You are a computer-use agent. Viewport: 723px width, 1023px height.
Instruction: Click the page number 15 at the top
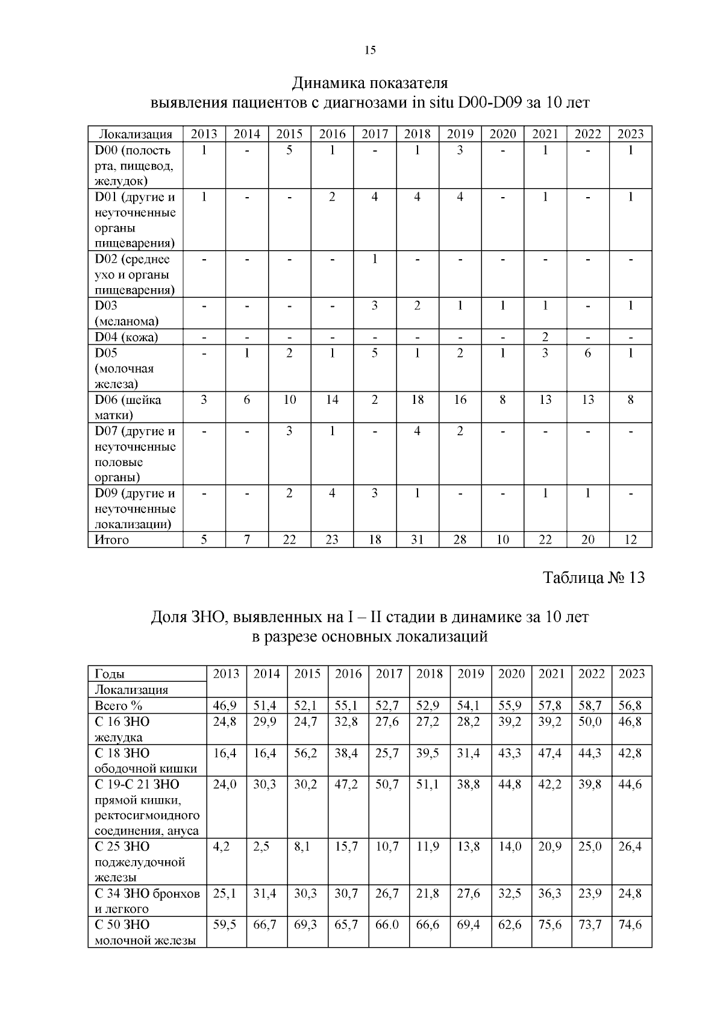pos(370,51)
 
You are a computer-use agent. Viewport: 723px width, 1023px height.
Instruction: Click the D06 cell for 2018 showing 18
pos(417,400)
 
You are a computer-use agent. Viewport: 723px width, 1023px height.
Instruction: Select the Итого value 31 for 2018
pos(417,540)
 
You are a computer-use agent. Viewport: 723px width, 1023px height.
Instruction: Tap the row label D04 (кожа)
pos(127,337)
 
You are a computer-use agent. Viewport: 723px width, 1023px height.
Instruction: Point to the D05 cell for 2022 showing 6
pos(587,353)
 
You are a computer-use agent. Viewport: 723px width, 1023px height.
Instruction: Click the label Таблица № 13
pos(593,578)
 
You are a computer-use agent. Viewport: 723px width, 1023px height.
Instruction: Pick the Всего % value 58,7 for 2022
pos(591,705)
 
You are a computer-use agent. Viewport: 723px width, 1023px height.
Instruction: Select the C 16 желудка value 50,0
pos(591,722)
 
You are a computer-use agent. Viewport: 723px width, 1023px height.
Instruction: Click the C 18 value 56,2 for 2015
pos(307,753)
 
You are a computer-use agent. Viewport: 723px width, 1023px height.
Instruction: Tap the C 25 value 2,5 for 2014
pos(266,846)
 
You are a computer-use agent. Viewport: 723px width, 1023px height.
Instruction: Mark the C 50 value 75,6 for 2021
pos(550,925)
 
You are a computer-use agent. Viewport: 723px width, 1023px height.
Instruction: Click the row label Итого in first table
pos(112,540)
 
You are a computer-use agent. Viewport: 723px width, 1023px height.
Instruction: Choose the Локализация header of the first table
pos(136,134)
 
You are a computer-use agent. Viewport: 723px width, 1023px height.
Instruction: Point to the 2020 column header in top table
pos(502,134)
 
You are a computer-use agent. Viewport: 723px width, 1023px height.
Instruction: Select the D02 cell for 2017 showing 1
pos(374,259)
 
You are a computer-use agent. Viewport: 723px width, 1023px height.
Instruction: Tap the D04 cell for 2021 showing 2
pos(545,337)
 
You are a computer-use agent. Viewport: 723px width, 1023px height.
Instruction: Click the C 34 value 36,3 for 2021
pos(550,893)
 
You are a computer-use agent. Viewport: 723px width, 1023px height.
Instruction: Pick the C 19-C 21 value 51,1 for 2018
pos(429,784)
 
